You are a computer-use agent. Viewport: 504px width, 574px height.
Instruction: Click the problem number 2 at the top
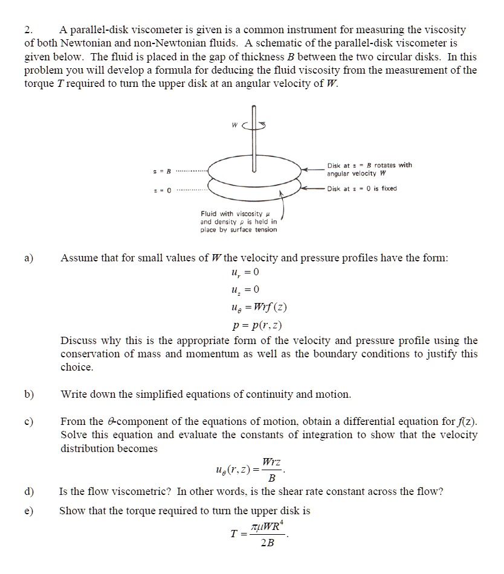pyautogui.click(x=28, y=30)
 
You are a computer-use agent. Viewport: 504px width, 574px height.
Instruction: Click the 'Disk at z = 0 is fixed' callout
pyautogui.click(x=362, y=188)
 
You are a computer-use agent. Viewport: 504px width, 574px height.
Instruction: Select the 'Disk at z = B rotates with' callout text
pyautogui.click(x=369, y=165)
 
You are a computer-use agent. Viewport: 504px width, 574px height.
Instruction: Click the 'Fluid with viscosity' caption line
pyautogui.click(x=231, y=214)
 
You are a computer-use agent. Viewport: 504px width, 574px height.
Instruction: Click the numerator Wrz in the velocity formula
pyautogui.click(x=271, y=462)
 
